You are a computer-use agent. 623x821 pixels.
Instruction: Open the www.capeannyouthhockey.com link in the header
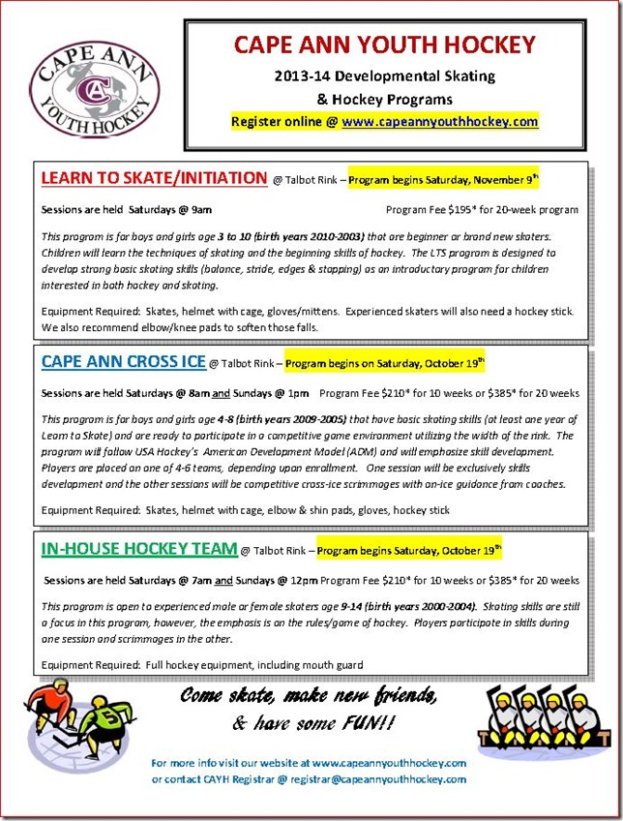[x=439, y=122]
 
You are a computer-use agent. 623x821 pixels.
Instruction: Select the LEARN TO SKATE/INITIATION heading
[x=154, y=178]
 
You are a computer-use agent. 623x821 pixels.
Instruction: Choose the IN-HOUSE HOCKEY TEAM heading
[x=138, y=549]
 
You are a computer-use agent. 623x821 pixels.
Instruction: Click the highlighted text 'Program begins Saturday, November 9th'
[x=443, y=179]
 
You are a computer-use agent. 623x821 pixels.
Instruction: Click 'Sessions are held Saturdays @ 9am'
[x=126, y=209]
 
